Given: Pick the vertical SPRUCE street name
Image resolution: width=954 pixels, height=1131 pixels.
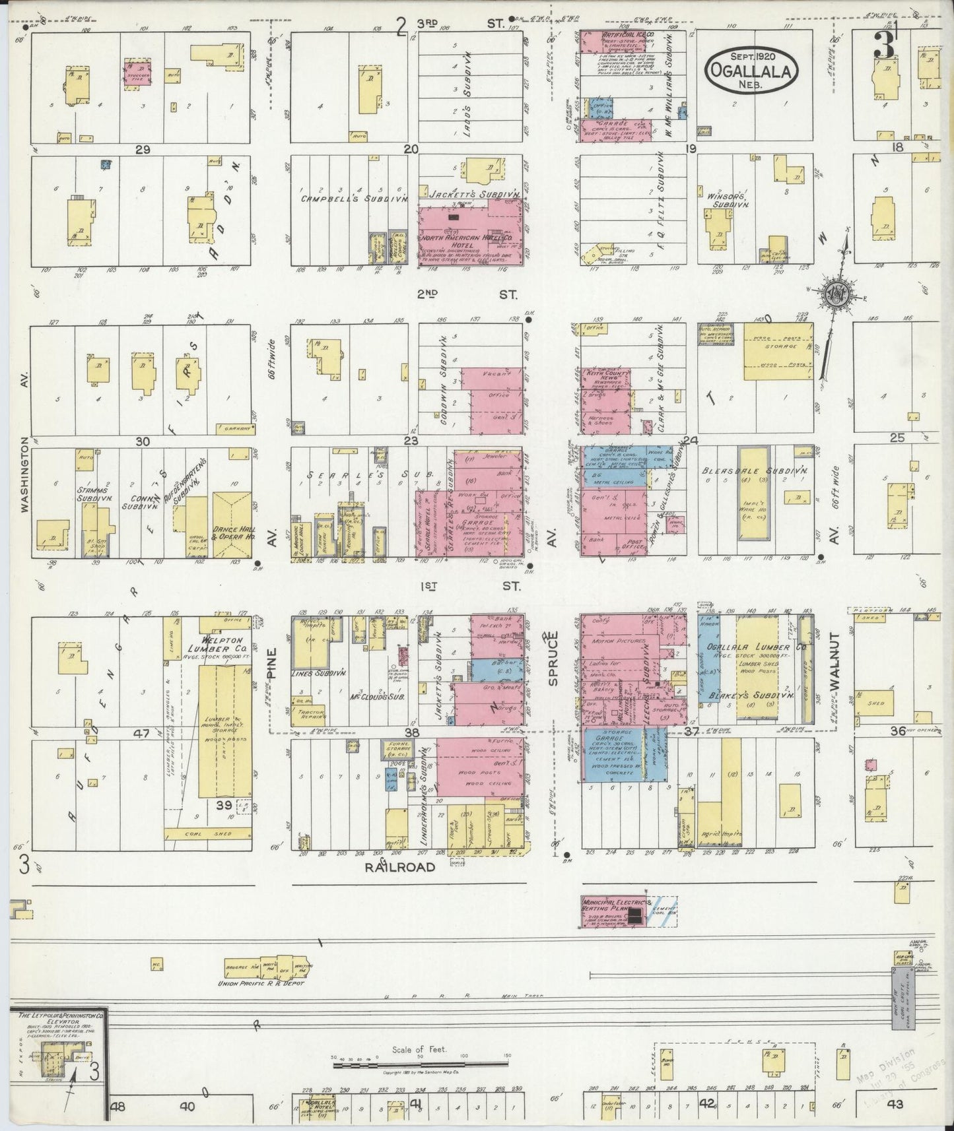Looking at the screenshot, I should [x=554, y=657].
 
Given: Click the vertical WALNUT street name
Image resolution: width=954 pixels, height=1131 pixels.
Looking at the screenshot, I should [x=834, y=661].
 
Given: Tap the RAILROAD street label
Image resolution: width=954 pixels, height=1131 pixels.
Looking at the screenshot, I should [x=401, y=866].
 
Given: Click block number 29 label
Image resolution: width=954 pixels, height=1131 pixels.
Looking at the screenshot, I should [x=143, y=150].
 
